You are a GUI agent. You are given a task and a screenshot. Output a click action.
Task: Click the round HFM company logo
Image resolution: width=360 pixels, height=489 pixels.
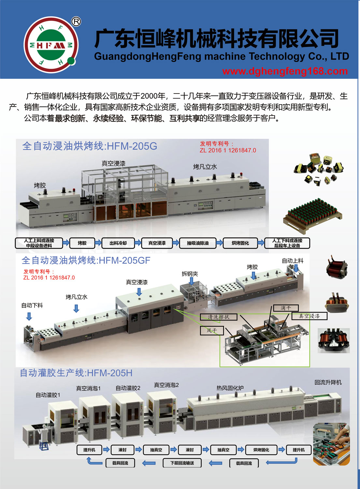[x=51, y=45]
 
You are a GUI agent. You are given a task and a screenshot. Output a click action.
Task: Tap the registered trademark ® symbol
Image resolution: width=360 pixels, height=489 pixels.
[x=76, y=22]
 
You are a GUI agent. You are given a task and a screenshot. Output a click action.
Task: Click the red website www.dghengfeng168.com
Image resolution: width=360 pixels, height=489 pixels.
[x=285, y=71]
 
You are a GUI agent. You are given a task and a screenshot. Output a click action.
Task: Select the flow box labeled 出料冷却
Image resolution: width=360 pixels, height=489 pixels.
[x=118, y=243]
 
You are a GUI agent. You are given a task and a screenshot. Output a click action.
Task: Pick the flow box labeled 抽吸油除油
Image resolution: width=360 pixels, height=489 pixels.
[x=198, y=243]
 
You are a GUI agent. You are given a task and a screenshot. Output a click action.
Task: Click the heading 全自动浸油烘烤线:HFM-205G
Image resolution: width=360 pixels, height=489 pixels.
[x=90, y=146]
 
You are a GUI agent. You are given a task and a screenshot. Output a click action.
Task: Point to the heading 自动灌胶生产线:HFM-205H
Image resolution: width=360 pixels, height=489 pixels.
[x=76, y=373]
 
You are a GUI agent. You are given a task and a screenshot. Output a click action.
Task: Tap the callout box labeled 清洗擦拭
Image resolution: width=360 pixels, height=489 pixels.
[x=218, y=317]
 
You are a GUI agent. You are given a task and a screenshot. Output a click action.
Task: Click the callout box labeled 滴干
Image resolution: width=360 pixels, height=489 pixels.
[x=286, y=308]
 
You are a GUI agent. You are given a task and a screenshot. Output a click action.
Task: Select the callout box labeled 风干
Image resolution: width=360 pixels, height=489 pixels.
[x=212, y=331]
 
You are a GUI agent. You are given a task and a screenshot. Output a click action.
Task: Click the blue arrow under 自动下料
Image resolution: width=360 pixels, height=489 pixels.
[x=29, y=316]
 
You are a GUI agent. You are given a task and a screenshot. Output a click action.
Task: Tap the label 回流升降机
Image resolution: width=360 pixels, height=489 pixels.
[x=328, y=382]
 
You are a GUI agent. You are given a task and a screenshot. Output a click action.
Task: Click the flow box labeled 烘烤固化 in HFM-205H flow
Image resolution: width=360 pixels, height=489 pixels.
[x=261, y=450]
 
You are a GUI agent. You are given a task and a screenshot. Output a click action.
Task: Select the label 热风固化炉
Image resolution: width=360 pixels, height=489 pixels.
[x=230, y=388]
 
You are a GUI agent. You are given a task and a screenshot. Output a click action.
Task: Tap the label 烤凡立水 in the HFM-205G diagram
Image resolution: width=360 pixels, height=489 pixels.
[x=205, y=167]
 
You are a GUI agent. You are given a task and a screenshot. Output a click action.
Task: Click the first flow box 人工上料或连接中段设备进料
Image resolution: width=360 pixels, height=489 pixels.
[x=39, y=243]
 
